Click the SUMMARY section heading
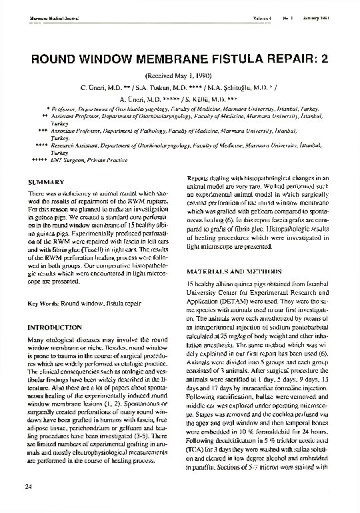[x=46, y=182]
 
